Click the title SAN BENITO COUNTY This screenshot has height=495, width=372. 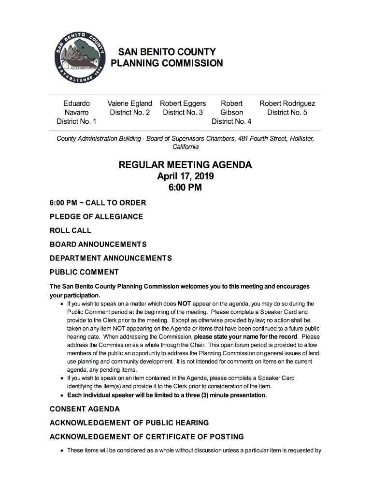click(167, 52)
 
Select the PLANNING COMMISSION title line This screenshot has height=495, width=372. click(167, 63)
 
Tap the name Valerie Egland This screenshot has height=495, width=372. click(129, 103)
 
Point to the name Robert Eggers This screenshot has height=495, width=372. click(183, 103)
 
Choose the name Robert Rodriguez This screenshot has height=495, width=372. click(287, 103)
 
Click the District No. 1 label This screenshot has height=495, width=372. click(76, 121)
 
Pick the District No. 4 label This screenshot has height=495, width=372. click(231, 121)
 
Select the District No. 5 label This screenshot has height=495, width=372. click(287, 113)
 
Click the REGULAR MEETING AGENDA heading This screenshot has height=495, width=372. click(185, 165)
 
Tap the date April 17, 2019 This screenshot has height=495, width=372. click(185, 176)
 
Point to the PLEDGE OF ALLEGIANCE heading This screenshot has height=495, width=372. click(96, 217)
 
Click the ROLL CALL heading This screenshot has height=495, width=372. click(71, 231)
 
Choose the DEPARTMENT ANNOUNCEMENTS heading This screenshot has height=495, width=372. click(111, 258)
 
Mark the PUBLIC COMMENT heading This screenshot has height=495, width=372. click(84, 272)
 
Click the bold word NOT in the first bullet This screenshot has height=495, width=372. click(185, 304)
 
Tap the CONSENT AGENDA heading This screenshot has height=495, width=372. click(85, 409)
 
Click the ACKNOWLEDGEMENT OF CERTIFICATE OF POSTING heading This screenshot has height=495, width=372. click(146, 437)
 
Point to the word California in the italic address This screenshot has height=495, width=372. click(186, 147)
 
